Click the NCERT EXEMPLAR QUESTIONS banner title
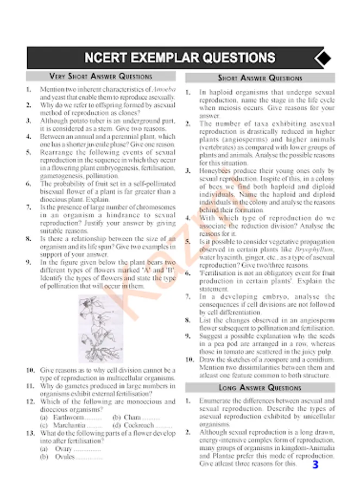179,58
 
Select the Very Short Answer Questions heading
101,77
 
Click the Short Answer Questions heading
260,78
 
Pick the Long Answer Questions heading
260,388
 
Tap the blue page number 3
316,465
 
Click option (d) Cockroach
142,425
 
